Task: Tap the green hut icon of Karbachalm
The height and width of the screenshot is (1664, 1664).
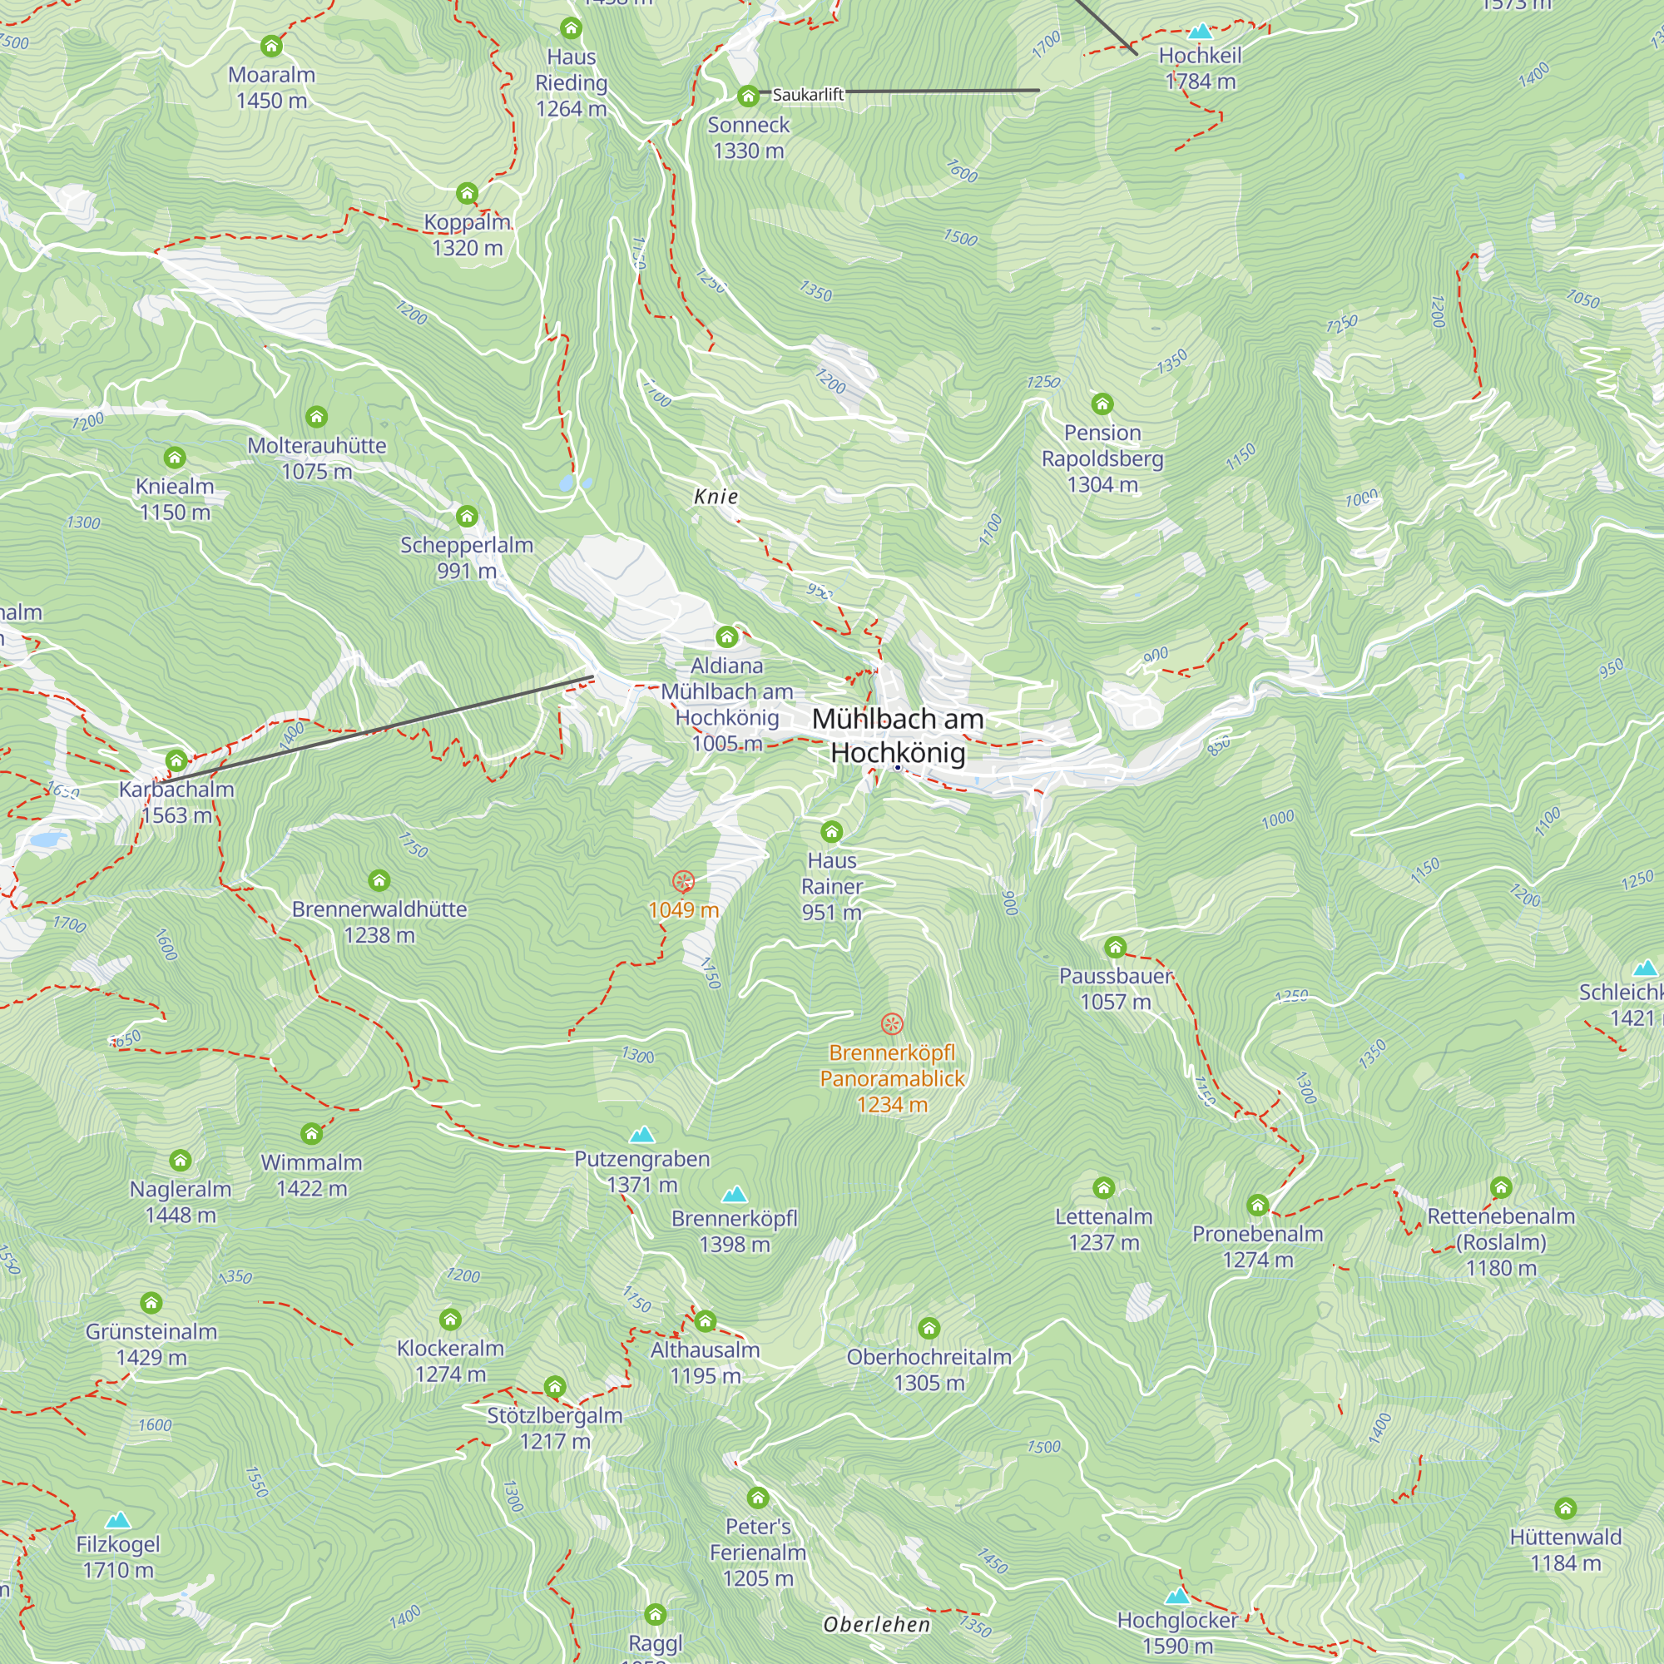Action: tap(176, 760)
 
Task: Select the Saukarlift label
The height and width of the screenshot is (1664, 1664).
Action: tap(807, 95)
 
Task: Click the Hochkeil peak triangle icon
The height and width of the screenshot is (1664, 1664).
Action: tap(1200, 32)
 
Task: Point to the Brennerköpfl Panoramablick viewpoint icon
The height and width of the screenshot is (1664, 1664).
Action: tap(891, 1023)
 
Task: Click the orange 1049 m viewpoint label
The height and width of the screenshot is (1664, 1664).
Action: tap(683, 909)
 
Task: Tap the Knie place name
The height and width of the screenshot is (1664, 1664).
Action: tap(716, 496)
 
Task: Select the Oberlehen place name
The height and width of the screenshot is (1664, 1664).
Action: tap(876, 1624)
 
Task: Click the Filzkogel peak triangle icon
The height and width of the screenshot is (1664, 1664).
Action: tap(118, 1520)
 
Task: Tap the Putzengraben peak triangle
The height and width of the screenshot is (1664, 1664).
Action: tap(641, 1134)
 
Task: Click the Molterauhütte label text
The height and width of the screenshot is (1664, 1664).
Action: tap(317, 445)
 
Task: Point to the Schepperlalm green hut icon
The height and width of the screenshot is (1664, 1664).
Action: tap(467, 516)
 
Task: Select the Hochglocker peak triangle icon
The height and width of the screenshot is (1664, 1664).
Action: tap(1176, 1596)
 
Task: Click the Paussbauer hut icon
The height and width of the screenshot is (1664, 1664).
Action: tap(1116, 948)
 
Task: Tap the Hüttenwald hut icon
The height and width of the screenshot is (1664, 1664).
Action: tap(1565, 1508)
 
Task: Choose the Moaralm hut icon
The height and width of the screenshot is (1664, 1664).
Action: tap(271, 46)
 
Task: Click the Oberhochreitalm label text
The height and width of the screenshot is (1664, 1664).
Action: tap(929, 1356)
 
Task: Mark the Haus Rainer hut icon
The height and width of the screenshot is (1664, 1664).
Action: tap(831, 831)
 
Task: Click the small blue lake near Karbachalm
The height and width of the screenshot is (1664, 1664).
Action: tap(47, 838)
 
